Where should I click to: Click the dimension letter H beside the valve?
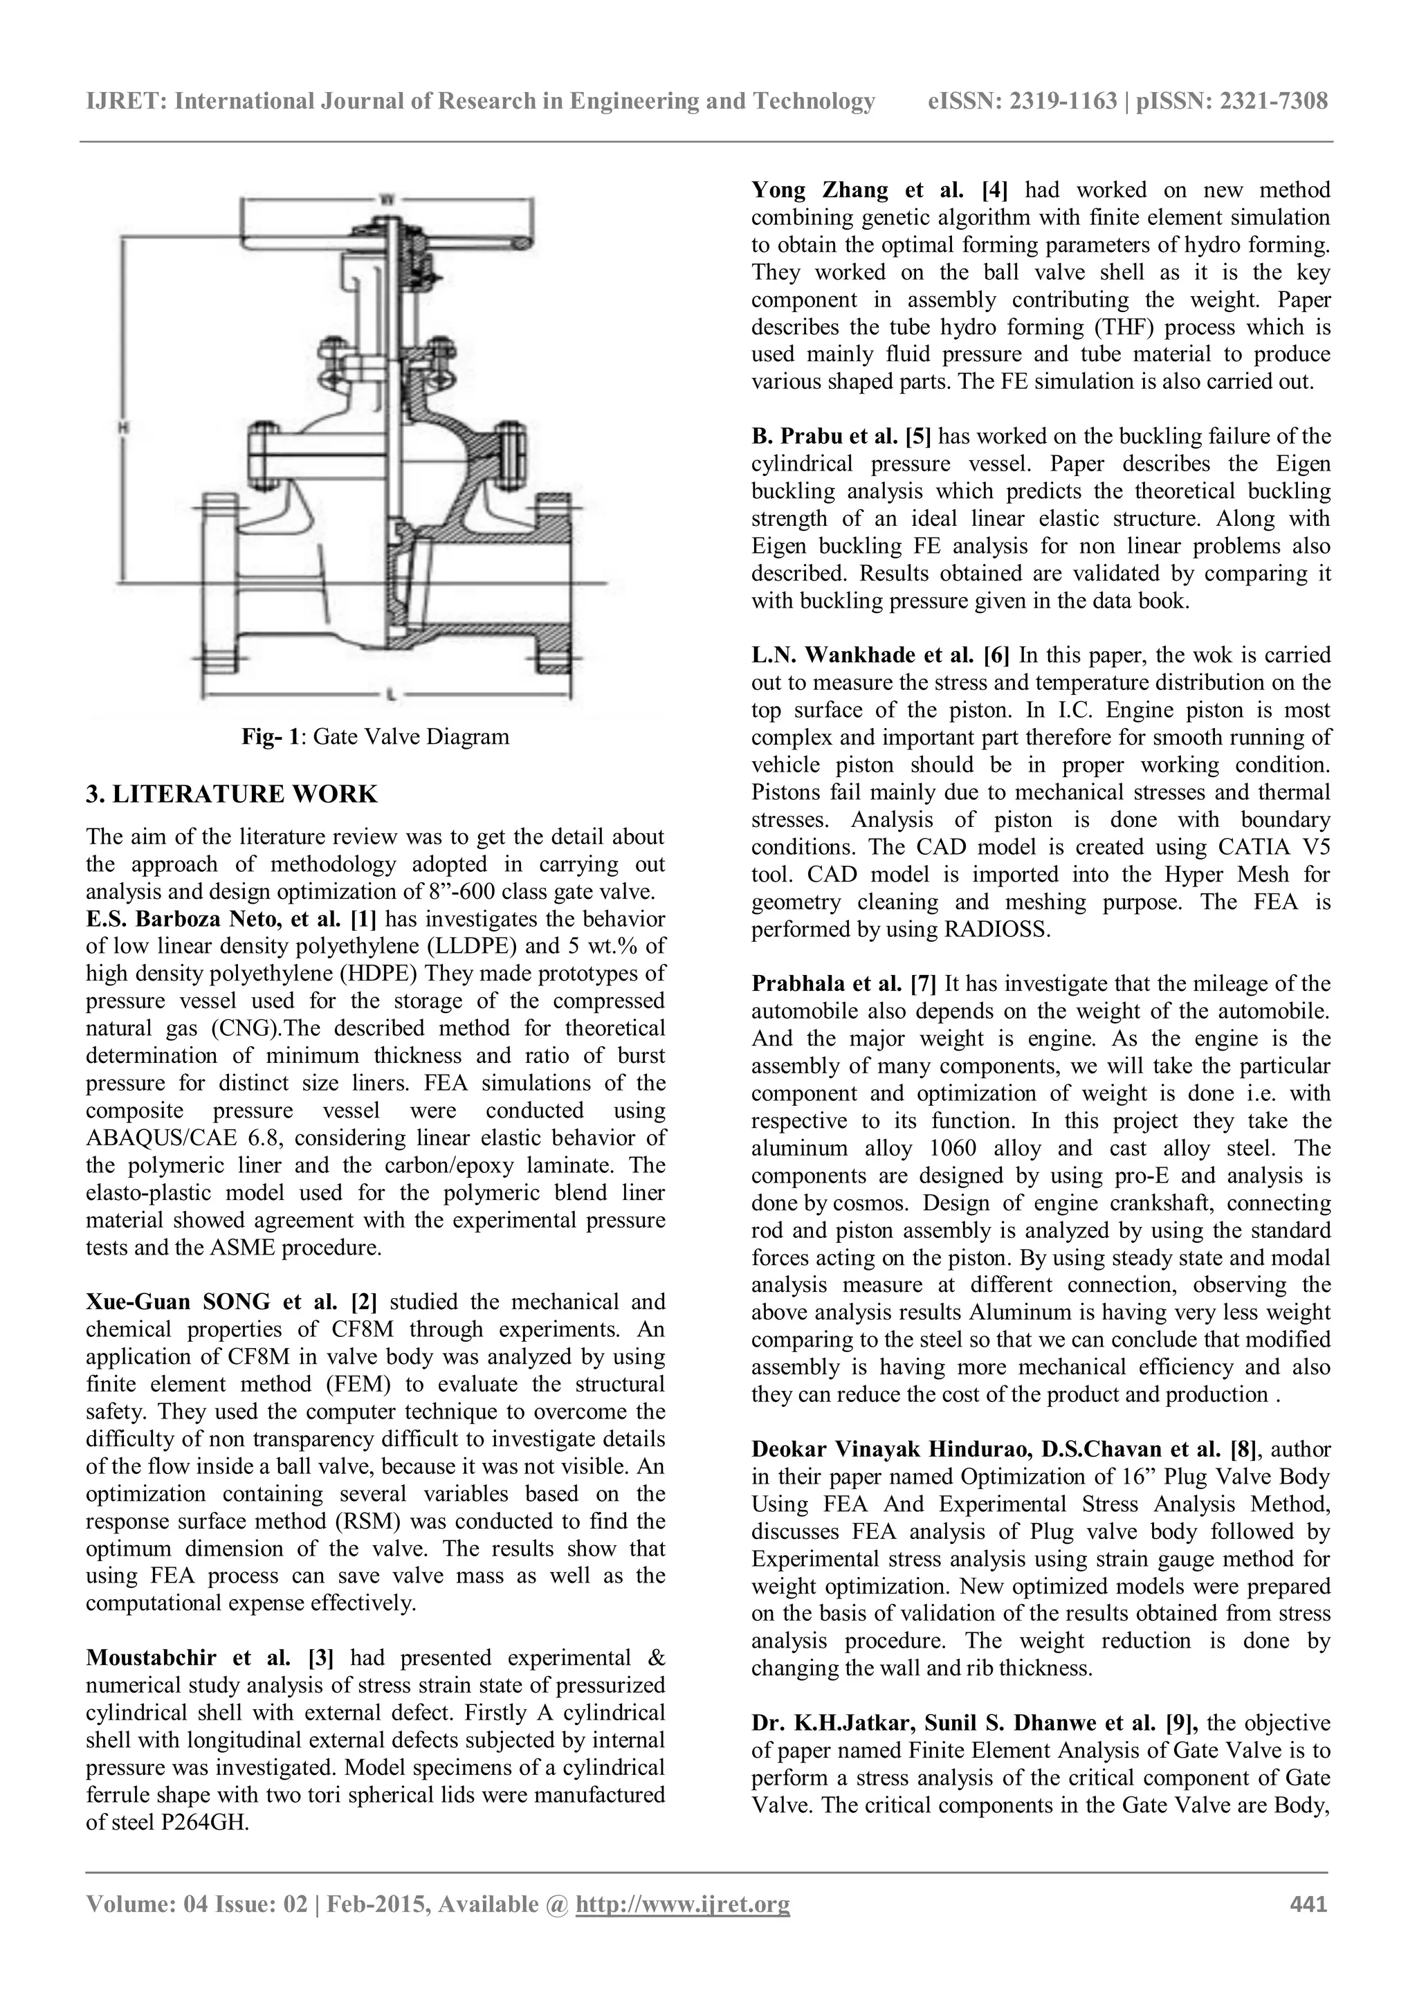point(124,427)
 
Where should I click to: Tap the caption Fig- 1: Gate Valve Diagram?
point(375,737)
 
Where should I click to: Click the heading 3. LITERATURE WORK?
point(232,794)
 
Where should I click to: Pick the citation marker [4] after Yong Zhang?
point(994,190)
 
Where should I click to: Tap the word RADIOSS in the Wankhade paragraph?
point(996,929)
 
